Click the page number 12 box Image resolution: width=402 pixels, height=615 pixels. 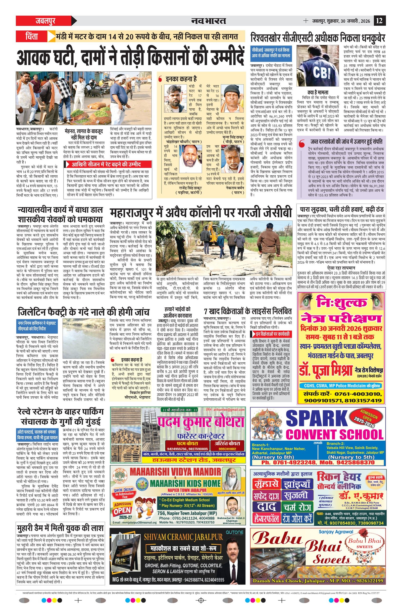[x=380, y=21]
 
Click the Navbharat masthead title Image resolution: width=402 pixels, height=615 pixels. [x=209, y=21]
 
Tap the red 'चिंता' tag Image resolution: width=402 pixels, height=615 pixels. [x=32, y=36]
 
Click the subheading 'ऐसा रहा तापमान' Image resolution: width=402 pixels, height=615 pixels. [x=341, y=268]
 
